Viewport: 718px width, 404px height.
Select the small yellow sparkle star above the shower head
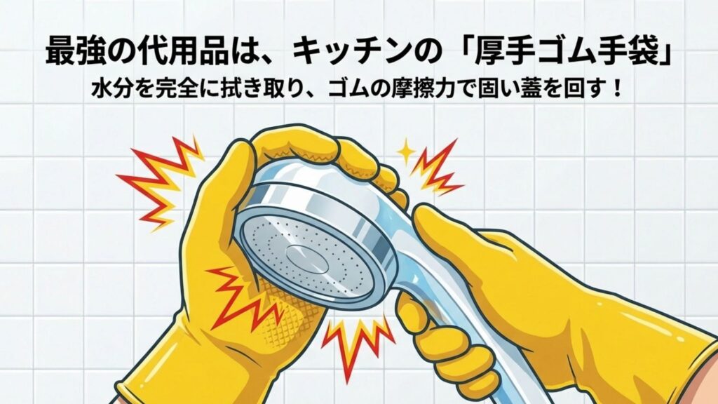pos(405,150)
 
